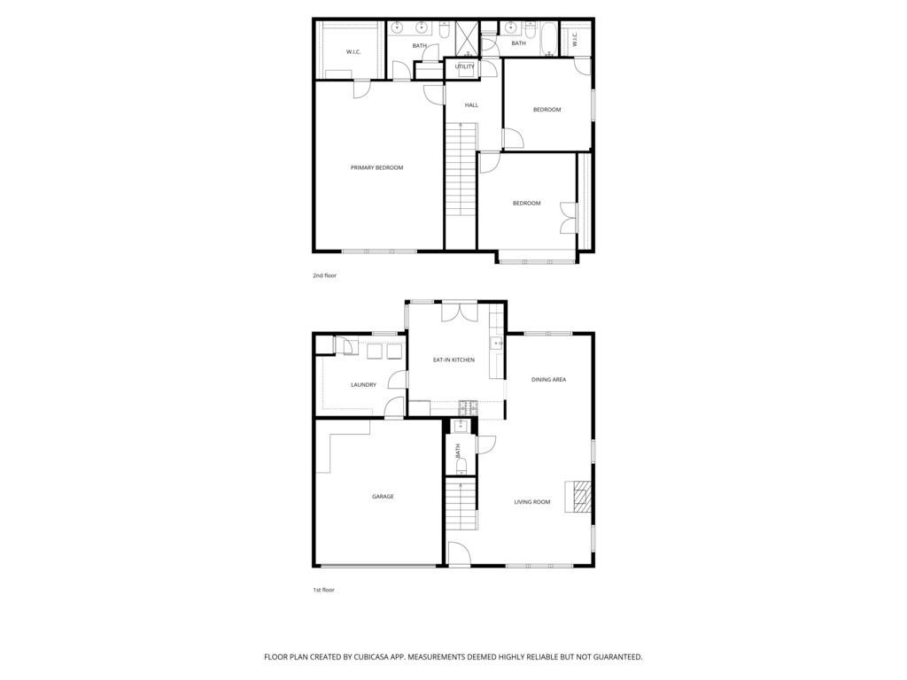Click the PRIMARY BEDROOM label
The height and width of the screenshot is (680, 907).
376,167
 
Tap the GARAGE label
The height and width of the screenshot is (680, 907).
383,497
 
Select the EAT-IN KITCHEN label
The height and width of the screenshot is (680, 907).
453,360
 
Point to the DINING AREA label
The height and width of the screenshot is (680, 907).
548,380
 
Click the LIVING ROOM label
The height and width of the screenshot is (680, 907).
532,502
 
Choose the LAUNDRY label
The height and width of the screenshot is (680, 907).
363,385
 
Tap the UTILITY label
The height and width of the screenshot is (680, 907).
464,66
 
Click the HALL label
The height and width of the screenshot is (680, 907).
471,105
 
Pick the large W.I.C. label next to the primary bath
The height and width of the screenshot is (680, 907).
353,52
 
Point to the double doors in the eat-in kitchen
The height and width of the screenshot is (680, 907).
460,312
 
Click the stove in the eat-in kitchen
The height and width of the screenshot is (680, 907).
468,407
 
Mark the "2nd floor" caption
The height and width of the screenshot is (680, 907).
324,275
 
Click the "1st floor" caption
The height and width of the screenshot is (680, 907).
323,590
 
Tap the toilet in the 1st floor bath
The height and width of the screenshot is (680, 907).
461,465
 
